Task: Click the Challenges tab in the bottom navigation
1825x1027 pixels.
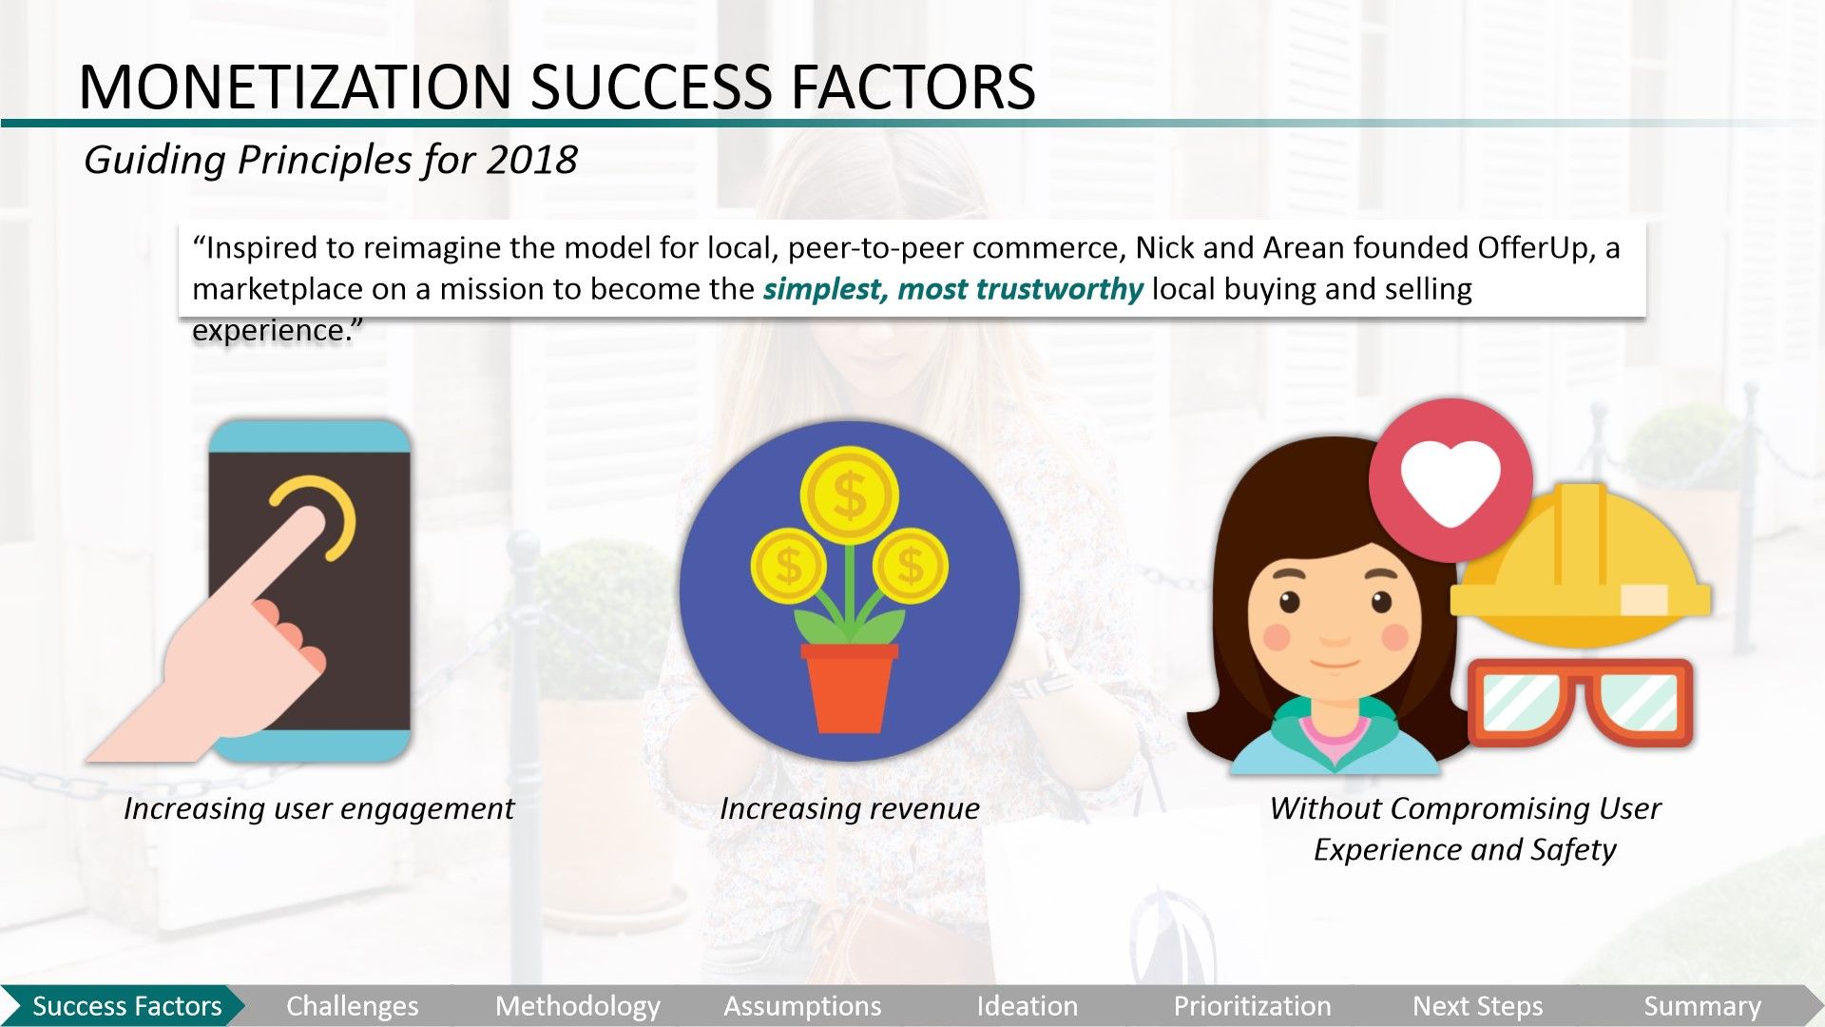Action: (352, 1006)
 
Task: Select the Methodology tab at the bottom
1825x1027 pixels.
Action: (577, 1006)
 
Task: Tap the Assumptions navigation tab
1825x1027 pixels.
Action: (802, 1006)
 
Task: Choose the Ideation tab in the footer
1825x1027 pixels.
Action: (1027, 1006)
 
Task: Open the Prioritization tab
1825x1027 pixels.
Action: (1252, 1006)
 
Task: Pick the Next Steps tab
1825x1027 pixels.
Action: (1477, 1006)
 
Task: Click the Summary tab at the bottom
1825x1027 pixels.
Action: (1701, 1006)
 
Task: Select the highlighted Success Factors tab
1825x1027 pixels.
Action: (126, 1006)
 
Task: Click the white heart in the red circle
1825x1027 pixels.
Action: (1450, 481)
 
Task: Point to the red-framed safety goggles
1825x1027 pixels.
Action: (1581, 702)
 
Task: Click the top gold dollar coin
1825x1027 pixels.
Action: (849, 494)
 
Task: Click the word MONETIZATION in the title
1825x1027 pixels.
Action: (296, 87)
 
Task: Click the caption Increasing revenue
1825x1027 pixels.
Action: (849, 808)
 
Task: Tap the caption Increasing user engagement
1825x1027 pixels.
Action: (318, 808)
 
